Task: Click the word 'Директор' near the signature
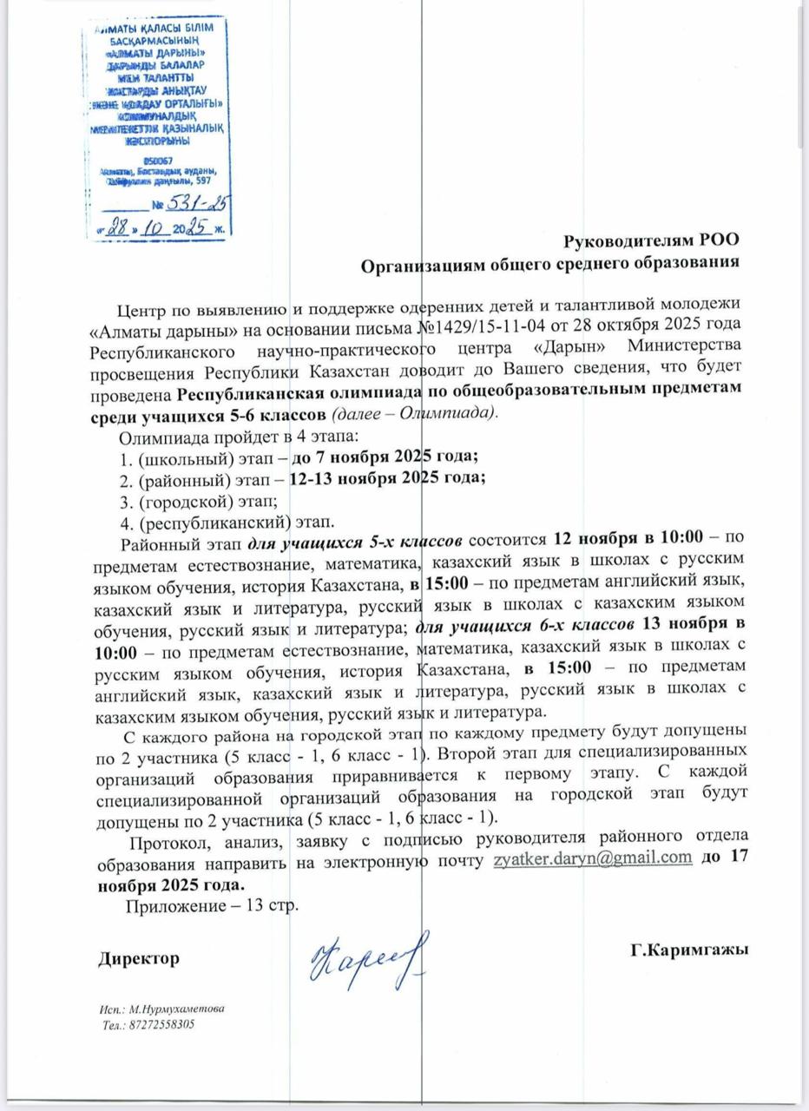coord(139,958)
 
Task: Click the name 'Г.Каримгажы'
coord(690,950)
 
